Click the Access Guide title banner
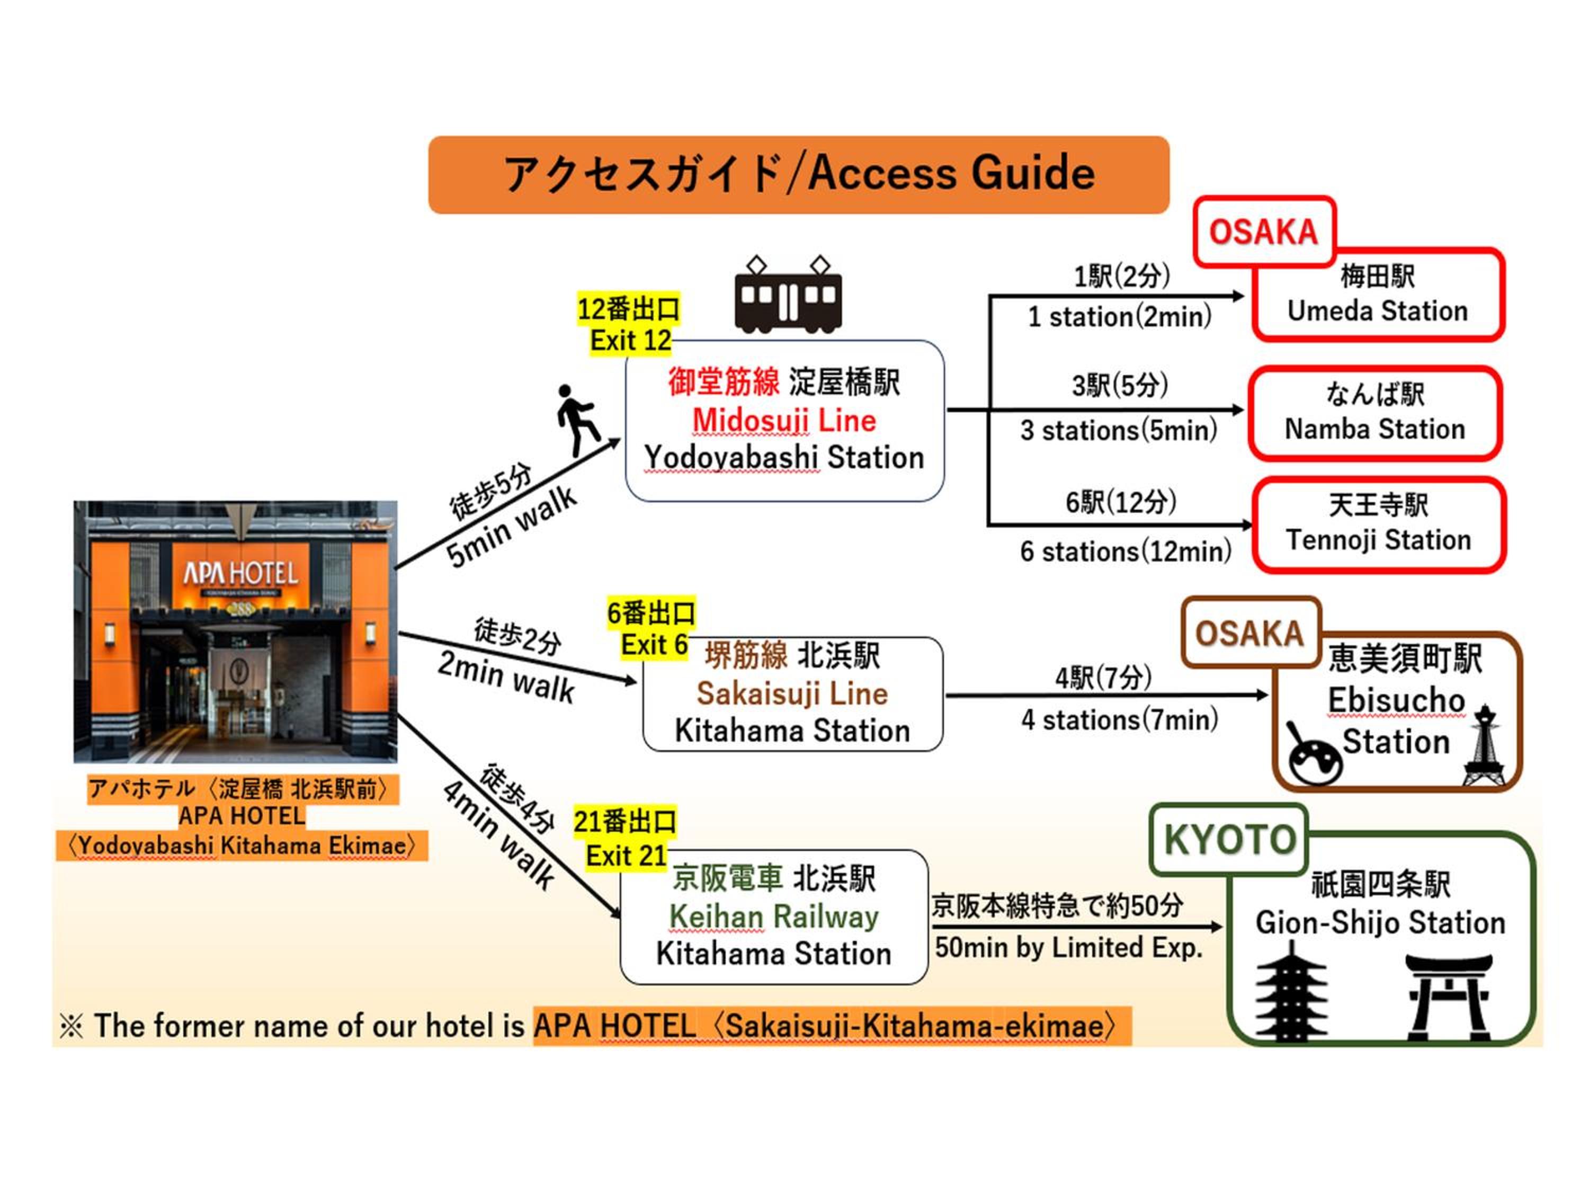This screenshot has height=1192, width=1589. coord(798,175)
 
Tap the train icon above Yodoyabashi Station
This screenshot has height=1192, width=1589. coord(788,295)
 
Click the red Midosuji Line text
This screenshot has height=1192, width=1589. coord(784,420)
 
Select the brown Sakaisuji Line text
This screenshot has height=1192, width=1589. coord(792,693)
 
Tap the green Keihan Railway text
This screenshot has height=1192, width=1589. coord(774,917)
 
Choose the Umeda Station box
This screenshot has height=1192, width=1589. coord(1377,295)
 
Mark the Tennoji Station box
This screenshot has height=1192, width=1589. coord(1379,524)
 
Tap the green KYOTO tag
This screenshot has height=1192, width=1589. coord(1229,839)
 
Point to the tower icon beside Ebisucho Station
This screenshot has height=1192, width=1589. coord(1484,746)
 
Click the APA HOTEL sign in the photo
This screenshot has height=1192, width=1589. coord(240,573)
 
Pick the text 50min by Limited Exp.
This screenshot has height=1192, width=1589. coord(1068,948)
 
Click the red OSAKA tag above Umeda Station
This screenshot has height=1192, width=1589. coord(1264,232)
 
